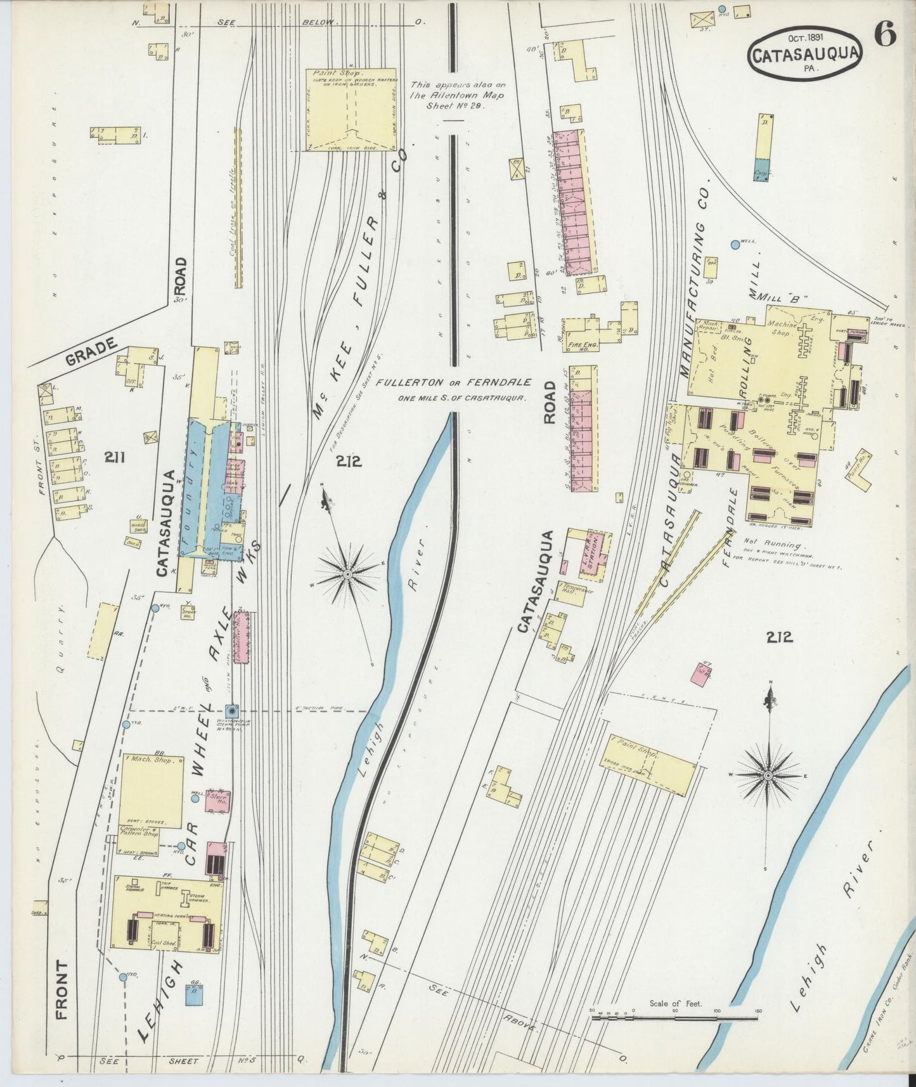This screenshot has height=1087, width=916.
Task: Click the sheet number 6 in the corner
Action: pos(886,36)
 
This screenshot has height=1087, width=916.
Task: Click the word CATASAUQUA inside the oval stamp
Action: pos(804,55)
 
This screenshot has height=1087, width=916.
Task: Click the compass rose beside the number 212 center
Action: pos(348,573)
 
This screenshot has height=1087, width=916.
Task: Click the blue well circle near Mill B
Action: pos(735,244)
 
